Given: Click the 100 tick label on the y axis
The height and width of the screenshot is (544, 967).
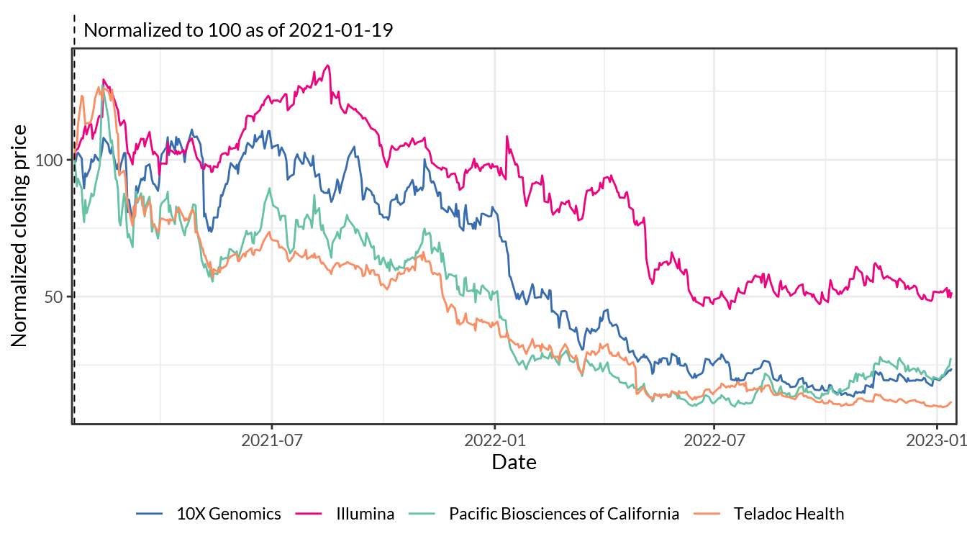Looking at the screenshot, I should coord(49,160).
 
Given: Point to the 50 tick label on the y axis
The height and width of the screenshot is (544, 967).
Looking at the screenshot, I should coord(53,296).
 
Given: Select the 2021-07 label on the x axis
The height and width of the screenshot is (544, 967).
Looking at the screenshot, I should coord(271,440).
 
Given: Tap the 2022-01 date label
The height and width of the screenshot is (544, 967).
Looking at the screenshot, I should coord(495,440).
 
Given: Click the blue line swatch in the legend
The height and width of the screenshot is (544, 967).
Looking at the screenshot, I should coord(149,513).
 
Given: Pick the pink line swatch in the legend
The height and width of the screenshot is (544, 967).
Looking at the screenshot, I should coord(309,513).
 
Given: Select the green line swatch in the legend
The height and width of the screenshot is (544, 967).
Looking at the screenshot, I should coord(422,513).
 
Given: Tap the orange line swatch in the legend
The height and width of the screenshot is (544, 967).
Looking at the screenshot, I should coord(707,513).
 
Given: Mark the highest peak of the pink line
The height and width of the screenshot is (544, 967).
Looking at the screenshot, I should coord(328,65).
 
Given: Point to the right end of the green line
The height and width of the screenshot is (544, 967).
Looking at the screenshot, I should coord(951,358).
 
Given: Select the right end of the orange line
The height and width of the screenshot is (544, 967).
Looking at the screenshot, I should coord(952,402).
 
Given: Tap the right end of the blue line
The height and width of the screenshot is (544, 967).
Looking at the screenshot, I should coord(952,369).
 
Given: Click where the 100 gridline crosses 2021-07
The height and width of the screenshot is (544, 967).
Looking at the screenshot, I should coord(272,160).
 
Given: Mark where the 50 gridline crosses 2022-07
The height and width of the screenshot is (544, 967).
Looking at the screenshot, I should coord(714,296).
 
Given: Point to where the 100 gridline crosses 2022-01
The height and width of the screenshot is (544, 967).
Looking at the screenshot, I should coord(495,160).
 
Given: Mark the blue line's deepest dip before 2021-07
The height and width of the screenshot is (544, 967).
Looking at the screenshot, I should coord(210,231).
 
